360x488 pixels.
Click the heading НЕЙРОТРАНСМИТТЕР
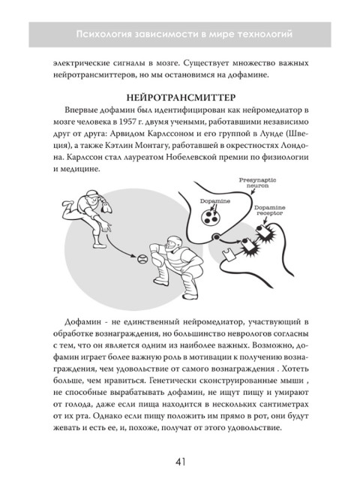[x=180, y=98]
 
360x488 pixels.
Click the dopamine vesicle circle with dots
[x=211, y=218]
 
